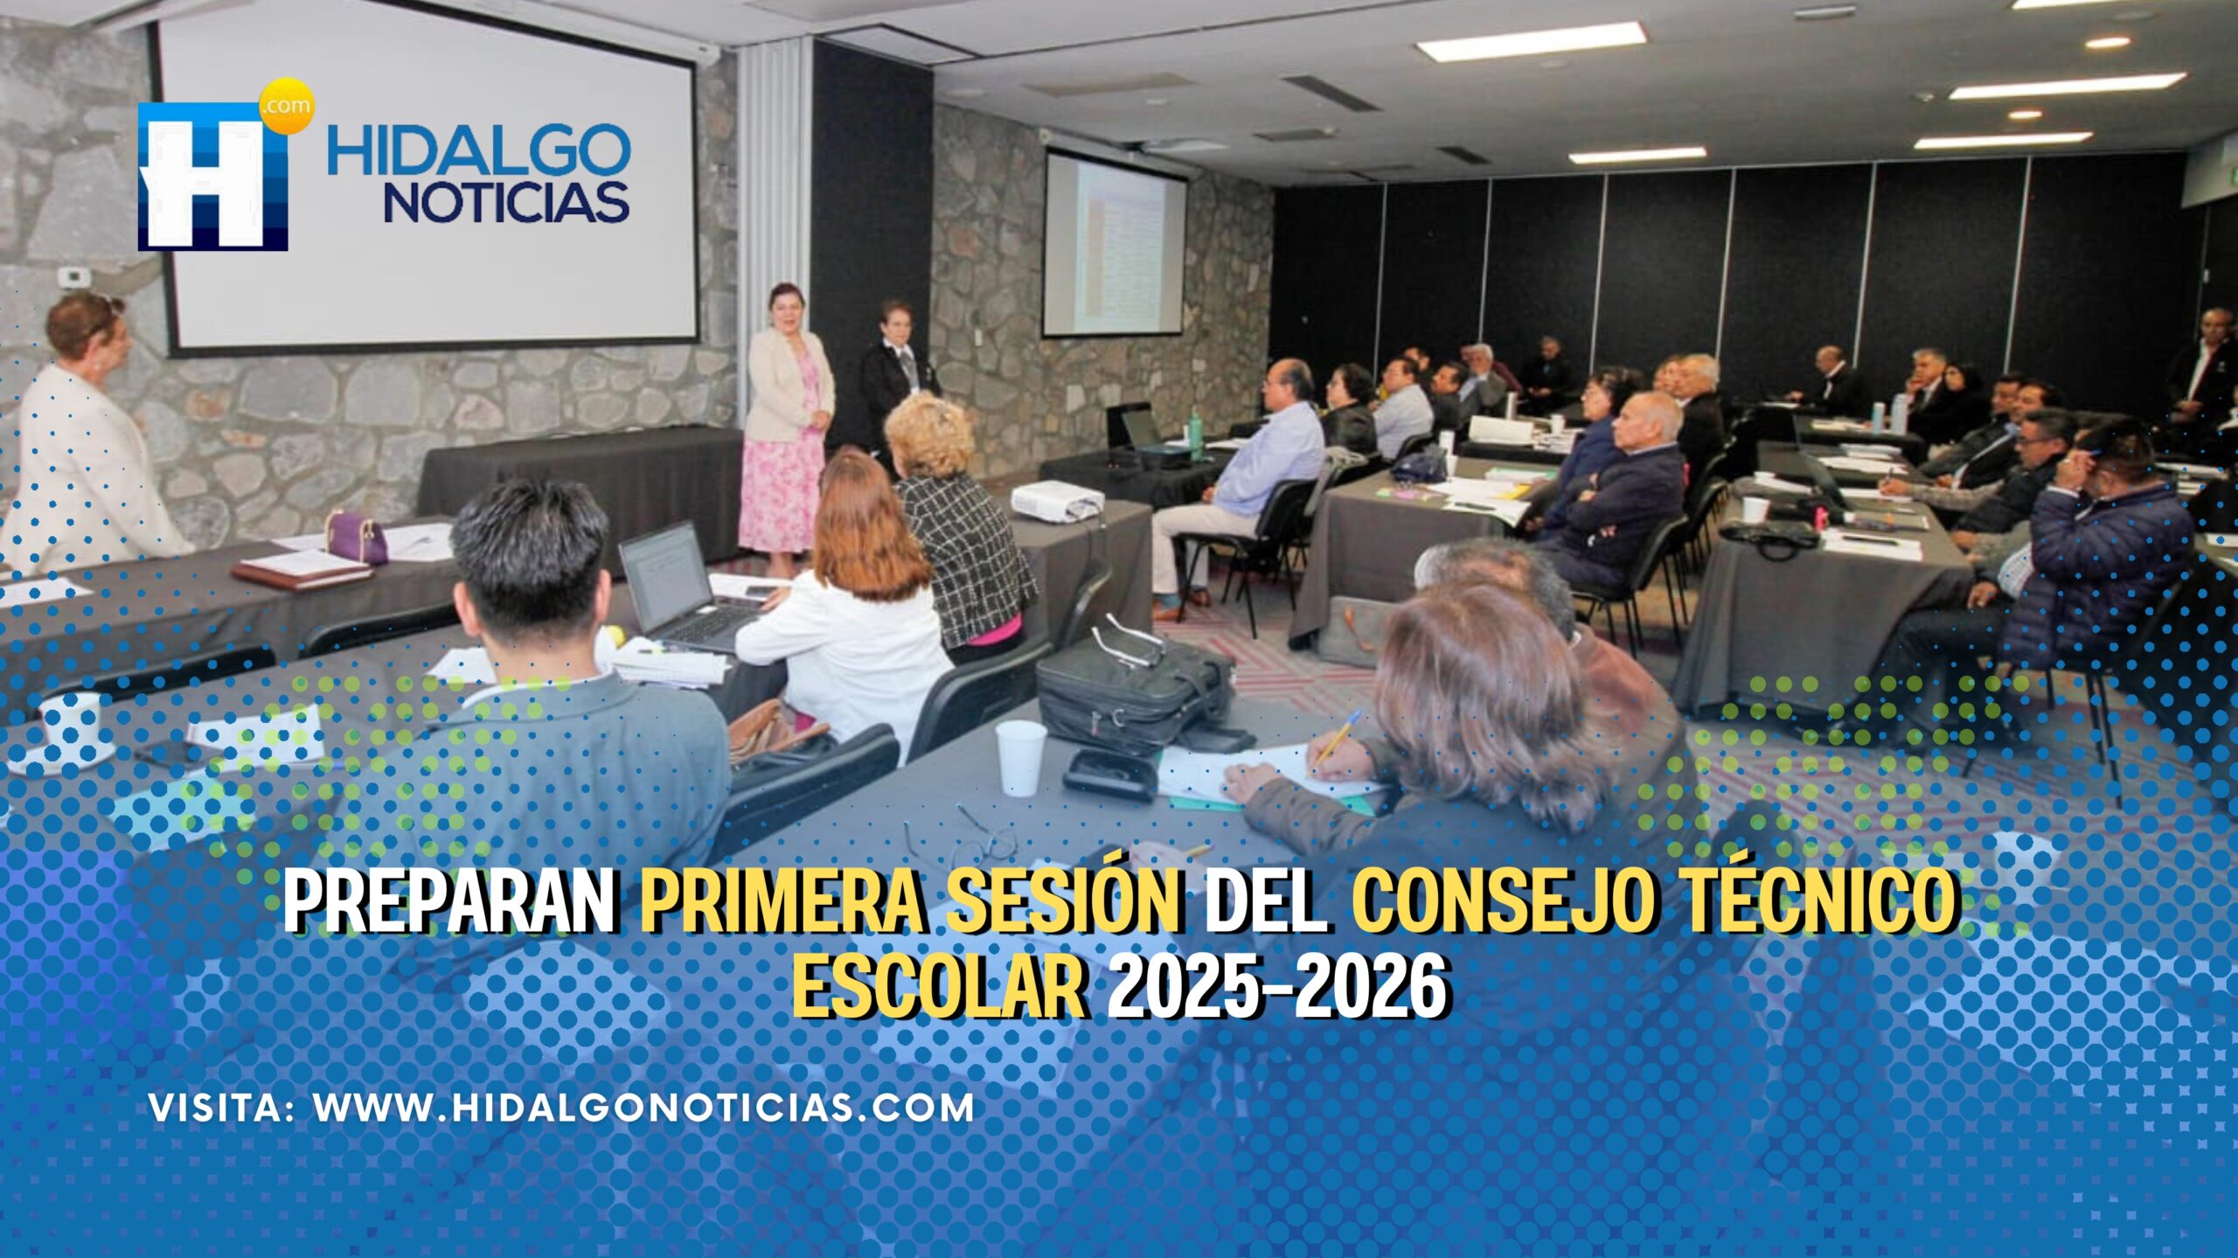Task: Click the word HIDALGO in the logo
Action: click(x=478, y=149)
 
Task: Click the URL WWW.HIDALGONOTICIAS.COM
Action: click(x=644, y=1109)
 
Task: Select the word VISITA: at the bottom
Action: click(x=221, y=1109)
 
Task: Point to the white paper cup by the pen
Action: click(x=1020, y=757)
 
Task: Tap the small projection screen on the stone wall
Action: click(x=1115, y=244)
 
